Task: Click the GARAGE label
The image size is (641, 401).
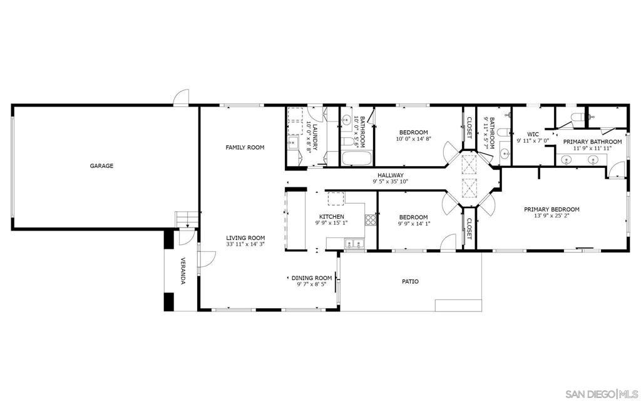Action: point(102,165)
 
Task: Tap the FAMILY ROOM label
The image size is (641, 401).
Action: point(245,147)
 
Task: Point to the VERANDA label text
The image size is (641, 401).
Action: point(183,271)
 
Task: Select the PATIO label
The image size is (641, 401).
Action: point(410,281)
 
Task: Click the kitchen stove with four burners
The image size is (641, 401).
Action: point(371,220)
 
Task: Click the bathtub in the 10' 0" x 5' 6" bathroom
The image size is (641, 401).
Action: point(356,159)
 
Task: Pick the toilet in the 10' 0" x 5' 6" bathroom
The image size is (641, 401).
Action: point(347,142)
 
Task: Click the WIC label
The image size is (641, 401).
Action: point(533,134)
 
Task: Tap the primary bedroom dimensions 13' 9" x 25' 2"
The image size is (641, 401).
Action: point(551,216)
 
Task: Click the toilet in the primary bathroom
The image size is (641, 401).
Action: point(577,118)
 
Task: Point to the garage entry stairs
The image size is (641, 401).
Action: point(187,220)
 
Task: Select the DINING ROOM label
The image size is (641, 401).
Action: point(312,278)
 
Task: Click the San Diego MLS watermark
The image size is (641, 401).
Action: point(603,394)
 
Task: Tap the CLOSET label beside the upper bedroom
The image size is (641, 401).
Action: point(469,128)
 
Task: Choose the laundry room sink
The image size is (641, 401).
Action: point(292,143)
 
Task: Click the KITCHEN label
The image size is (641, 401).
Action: point(332,216)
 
